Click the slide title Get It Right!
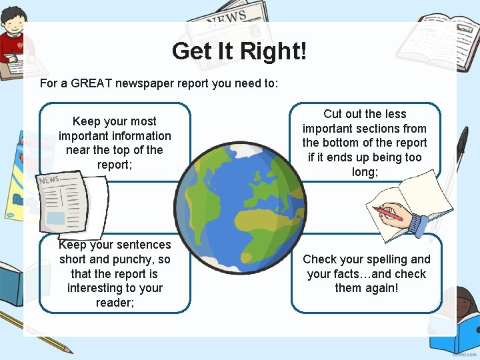(239, 51)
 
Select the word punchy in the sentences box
(132, 259)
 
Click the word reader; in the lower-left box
(115, 303)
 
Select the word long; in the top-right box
(365, 172)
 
